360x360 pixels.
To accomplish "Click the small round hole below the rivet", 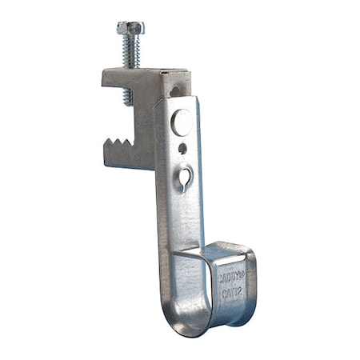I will (x=183, y=147).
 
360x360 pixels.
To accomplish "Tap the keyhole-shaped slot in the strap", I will (x=188, y=173).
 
